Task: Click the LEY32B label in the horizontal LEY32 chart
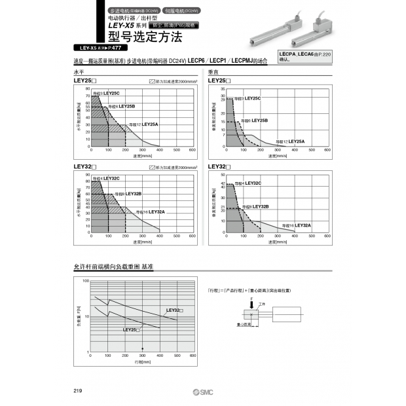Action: (133, 194)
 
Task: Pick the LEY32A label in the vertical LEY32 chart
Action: (302, 225)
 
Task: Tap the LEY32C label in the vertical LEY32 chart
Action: (252, 183)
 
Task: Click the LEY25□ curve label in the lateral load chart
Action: (132, 330)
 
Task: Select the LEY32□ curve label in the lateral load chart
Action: (175, 310)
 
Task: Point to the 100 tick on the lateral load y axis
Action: (85, 280)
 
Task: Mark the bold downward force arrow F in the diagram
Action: (252, 303)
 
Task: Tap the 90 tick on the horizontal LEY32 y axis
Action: (87, 175)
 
